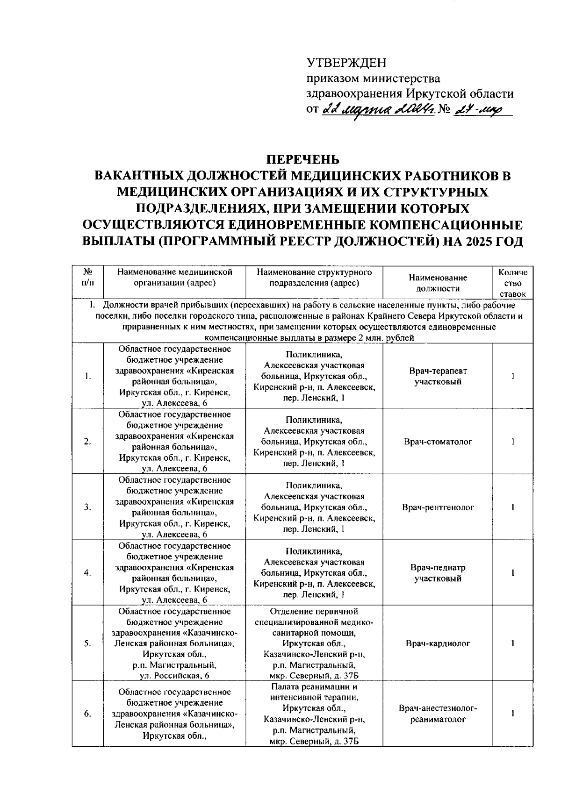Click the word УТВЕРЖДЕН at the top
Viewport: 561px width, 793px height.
click(x=346, y=63)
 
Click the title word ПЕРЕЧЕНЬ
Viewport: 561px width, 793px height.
click(x=302, y=159)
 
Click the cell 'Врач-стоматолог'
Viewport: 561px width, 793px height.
click(x=438, y=442)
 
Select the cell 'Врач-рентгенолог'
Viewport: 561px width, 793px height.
click(x=438, y=507)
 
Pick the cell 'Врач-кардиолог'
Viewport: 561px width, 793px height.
click(x=438, y=643)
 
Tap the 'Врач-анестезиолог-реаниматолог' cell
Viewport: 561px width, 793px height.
click(x=438, y=714)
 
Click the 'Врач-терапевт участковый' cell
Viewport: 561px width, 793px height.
click(x=438, y=376)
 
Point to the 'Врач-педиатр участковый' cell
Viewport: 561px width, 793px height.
click(x=438, y=573)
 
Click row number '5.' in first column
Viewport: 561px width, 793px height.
click(x=87, y=643)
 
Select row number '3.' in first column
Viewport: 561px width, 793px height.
click(x=87, y=507)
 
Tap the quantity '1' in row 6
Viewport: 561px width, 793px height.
click(x=513, y=714)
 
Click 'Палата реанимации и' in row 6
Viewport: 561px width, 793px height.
click(x=314, y=686)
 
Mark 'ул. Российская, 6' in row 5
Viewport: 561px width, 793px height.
click(x=174, y=676)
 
